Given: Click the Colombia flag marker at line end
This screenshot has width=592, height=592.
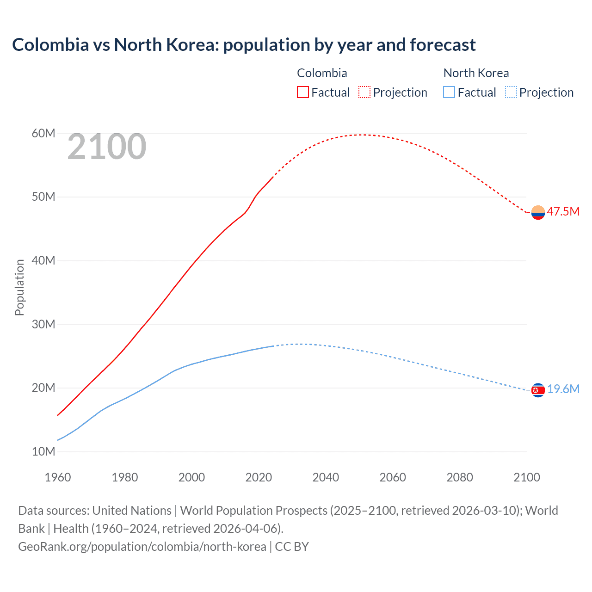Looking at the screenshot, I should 538,212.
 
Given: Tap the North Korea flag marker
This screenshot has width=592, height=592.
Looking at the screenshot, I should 538,390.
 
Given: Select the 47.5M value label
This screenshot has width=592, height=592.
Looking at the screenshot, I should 563,212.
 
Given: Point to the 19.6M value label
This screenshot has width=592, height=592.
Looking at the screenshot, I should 563,389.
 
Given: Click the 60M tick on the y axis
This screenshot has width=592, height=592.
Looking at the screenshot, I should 43,134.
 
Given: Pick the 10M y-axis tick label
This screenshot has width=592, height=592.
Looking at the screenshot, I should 43,452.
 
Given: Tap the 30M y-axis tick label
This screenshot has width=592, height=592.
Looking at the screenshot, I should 43,325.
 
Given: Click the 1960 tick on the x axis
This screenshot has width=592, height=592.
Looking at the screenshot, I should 58,477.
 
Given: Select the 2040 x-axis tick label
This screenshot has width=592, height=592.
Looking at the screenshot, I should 326,477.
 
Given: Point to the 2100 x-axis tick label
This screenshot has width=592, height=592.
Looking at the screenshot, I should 526,477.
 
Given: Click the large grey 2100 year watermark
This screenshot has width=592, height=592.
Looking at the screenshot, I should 107,147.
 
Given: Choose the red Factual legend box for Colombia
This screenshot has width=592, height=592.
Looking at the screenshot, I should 303,92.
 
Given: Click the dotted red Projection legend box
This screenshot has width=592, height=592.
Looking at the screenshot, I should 364,92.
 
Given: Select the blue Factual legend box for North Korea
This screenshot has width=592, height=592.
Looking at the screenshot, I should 449,92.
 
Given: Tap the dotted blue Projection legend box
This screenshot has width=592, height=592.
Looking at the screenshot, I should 511,92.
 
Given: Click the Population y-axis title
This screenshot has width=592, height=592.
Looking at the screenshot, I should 19,287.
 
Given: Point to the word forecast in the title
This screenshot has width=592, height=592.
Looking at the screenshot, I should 443,45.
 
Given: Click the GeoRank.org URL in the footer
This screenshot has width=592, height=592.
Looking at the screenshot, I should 142,547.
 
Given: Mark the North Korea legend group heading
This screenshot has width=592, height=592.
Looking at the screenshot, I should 476,73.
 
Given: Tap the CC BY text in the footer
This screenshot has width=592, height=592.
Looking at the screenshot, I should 292,547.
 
